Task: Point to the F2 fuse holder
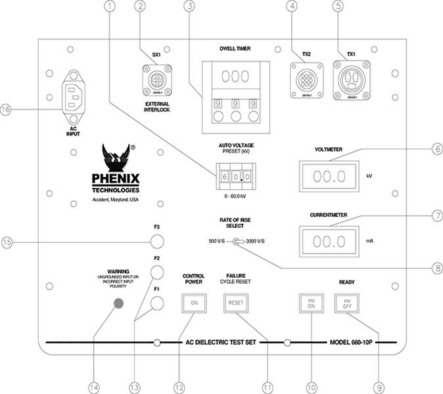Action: point(157,272)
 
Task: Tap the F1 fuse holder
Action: point(157,303)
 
